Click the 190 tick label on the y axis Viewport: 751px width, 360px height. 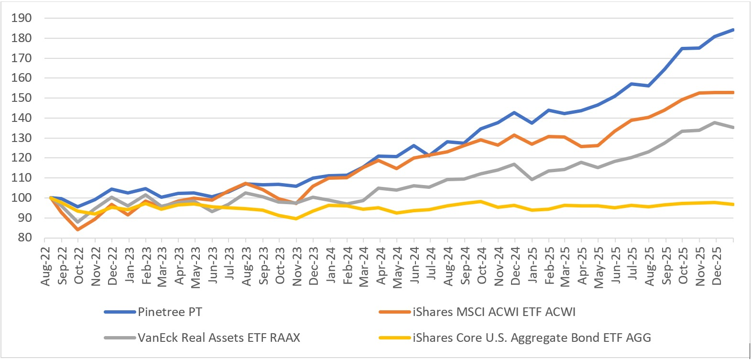[22, 18]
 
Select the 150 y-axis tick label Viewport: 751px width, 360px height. [22, 98]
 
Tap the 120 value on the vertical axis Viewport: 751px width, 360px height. [22, 158]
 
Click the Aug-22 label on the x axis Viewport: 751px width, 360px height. [46, 267]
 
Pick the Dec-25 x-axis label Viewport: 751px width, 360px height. [717, 266]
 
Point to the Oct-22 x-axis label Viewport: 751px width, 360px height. [79, 266]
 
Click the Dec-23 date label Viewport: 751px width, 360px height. [314, 266]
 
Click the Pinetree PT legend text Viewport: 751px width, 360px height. [170, 312]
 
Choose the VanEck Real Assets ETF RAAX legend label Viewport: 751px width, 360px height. [219, 338]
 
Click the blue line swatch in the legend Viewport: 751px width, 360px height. [120, 312]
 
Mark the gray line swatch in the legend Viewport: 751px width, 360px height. [120, 338]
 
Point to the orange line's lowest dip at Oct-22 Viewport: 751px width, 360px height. [78, 229]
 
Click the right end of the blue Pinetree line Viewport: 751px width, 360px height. [733, 30]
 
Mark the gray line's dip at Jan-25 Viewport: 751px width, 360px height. [532, 179]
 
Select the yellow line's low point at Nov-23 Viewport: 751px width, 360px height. [296, 218]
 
